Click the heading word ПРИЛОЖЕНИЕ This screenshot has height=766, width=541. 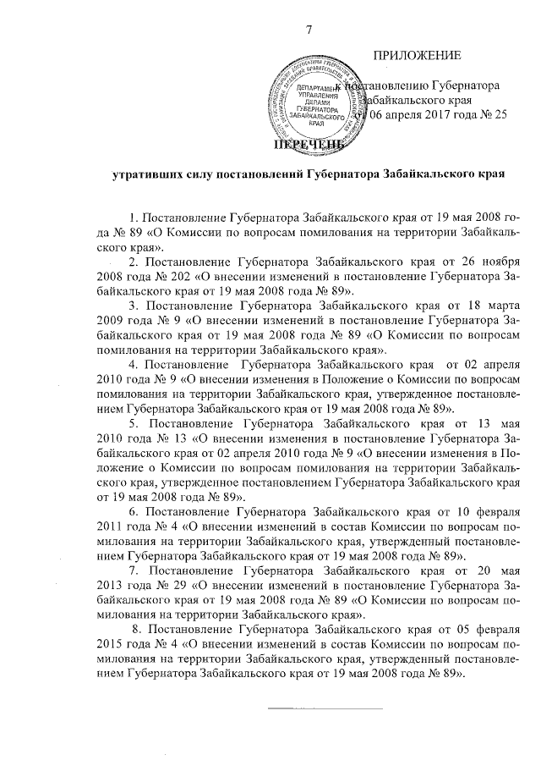pyautogui.click(x=417, y=56)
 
